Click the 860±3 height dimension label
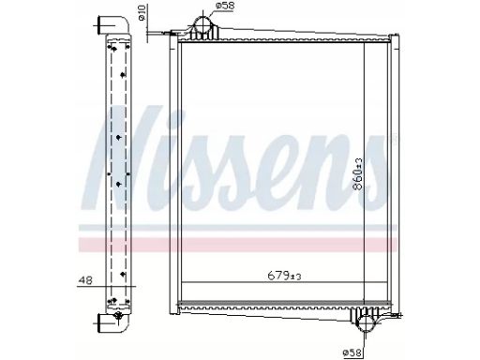(x=358, y=173)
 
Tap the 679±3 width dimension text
(x=284, y=276)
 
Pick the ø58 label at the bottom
(x=352, y=353)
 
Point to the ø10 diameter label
(x=142, y=13)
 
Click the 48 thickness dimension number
(x=85, y=280)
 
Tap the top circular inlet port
(x=202, y=25)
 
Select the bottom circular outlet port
(x=365, y=323)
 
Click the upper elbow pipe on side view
(x=113, y=24)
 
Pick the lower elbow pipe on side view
(x=113, y=323)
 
